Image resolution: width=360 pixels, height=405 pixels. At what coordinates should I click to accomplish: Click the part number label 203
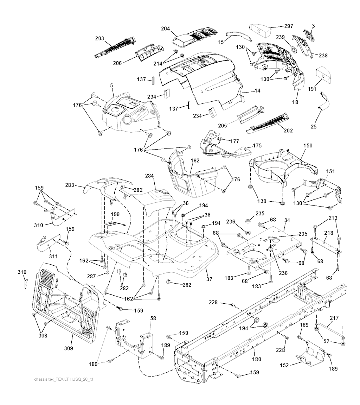pos(99,38)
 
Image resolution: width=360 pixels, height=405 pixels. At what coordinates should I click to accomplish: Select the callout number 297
pos(289,26)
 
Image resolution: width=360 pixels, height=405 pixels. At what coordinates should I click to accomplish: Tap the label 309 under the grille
pos(69,348)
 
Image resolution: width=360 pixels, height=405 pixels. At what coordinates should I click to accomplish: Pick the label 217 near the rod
pos(334,318)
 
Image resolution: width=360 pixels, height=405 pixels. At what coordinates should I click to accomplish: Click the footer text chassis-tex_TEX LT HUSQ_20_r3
pos(65,380)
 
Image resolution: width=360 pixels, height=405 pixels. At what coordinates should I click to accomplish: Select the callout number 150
pos(308,145)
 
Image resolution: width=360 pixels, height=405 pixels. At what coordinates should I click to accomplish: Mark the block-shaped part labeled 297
pos(261,30)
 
